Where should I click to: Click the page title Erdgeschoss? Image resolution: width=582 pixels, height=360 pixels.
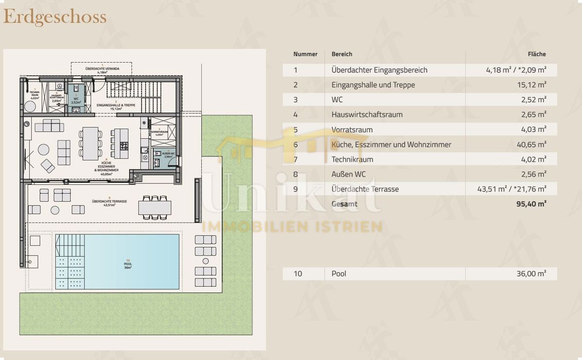tap(55, 17)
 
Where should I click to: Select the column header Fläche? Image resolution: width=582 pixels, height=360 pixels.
tap(536, 54)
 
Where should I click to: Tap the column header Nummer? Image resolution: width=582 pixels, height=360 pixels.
tap(305, 54)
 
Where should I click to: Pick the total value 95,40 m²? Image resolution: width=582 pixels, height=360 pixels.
tap(531, 204)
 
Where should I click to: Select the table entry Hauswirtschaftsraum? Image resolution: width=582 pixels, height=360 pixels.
tap(367, 115)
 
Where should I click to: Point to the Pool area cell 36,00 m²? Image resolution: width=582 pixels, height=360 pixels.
tap(531, 274)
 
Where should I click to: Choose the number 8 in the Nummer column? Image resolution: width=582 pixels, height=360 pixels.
tap(295, 174)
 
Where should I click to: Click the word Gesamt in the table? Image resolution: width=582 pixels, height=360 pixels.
tap(344, 204)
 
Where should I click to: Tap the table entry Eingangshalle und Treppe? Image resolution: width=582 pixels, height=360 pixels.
tap(373, 85)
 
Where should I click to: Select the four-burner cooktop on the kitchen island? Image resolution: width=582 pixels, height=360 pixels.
tap(123, 145)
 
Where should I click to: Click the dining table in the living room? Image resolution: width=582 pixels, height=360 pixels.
tap(91, 144)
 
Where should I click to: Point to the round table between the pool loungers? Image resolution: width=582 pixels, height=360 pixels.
tap(206, 262)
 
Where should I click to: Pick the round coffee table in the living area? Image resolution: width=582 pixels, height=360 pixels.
tap(44, 149)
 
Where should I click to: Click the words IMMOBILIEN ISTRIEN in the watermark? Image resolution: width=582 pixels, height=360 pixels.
tap(292, 226)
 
